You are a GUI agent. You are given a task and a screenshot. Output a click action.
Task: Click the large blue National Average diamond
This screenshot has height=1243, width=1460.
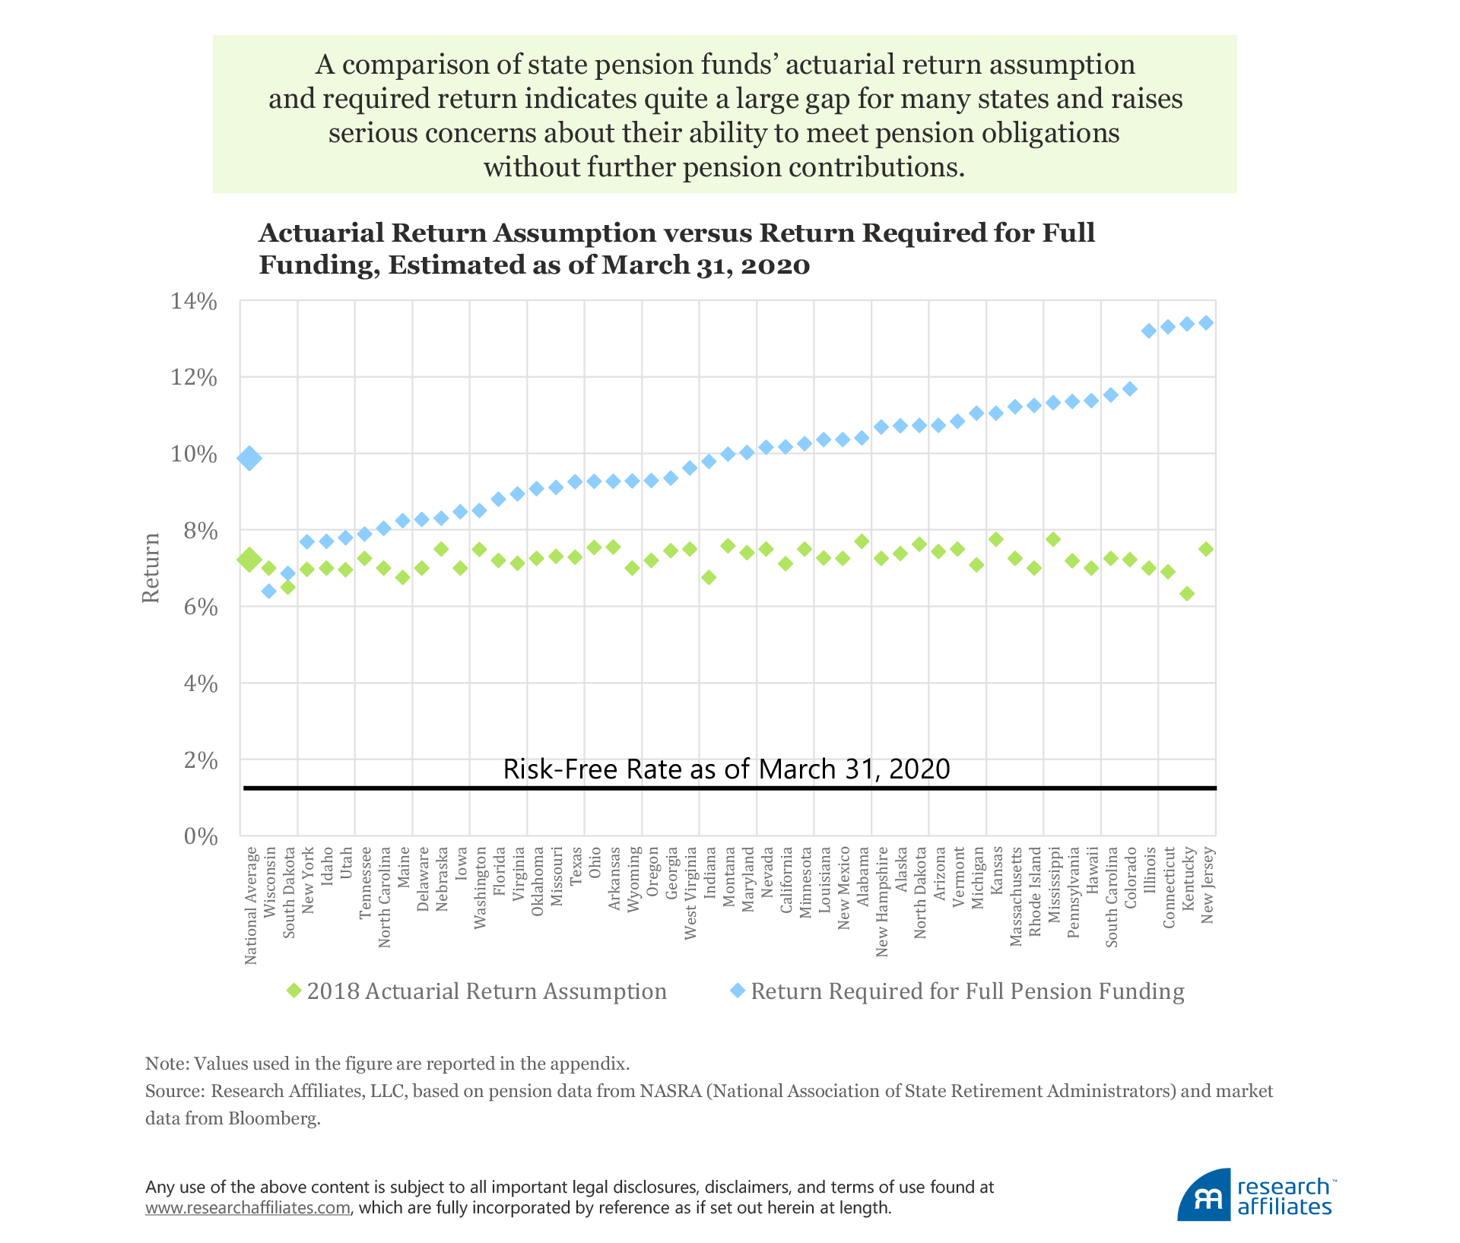click(249, 458)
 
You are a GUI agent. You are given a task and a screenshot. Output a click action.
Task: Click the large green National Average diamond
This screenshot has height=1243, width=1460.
click(249, 560)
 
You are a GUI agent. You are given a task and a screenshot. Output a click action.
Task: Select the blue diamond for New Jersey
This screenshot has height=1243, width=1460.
click(1206, 323)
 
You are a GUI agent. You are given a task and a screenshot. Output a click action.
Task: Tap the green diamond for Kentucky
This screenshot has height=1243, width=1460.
click(1187, 594)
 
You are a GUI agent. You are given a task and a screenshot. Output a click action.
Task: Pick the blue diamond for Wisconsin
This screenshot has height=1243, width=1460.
click(268, 591)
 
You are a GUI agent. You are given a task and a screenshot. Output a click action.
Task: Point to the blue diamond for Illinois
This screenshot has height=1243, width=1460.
click(1149, 331)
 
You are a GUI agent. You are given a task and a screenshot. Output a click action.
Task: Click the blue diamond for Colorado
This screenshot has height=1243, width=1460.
click(1130, 389)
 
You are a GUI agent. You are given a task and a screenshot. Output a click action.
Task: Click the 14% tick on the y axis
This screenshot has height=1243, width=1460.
click(194, 302)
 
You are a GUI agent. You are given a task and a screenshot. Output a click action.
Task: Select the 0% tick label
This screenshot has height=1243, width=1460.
click(201, 837)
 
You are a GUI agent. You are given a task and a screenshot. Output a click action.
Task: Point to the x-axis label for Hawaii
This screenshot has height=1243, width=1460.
click(1093, 870)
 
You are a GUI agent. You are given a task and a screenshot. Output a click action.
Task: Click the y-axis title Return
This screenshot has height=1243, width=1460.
click(151, 568)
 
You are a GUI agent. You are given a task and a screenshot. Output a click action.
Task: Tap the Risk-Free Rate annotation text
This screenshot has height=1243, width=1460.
click(726, 769)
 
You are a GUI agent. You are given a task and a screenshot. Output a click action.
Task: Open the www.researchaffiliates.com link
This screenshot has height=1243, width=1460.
click(248, 1207)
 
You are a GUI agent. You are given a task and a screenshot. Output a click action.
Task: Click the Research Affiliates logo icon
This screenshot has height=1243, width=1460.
click(1204, 1196)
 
